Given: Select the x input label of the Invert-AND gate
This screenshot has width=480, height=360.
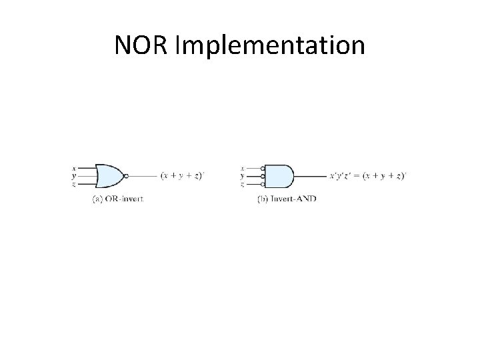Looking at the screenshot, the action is (241, 169).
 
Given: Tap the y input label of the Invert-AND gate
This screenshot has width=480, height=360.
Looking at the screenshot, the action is (241, 176).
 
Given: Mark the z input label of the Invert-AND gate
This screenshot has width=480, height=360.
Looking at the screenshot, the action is (241, 183).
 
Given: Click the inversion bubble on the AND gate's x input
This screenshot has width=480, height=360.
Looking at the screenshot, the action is (263, 169).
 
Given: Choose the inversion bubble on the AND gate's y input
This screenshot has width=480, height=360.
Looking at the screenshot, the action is (263, 176).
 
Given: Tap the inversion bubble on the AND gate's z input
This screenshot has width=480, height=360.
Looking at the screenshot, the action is (263, 183).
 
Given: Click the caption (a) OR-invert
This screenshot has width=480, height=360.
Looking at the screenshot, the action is (117, 199).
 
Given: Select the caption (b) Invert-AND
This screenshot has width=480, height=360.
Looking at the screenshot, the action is (287, 199).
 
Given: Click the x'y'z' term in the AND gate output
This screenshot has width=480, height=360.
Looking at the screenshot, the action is (342, 176).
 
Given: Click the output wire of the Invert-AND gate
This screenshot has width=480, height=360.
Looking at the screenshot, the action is (310, 176).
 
